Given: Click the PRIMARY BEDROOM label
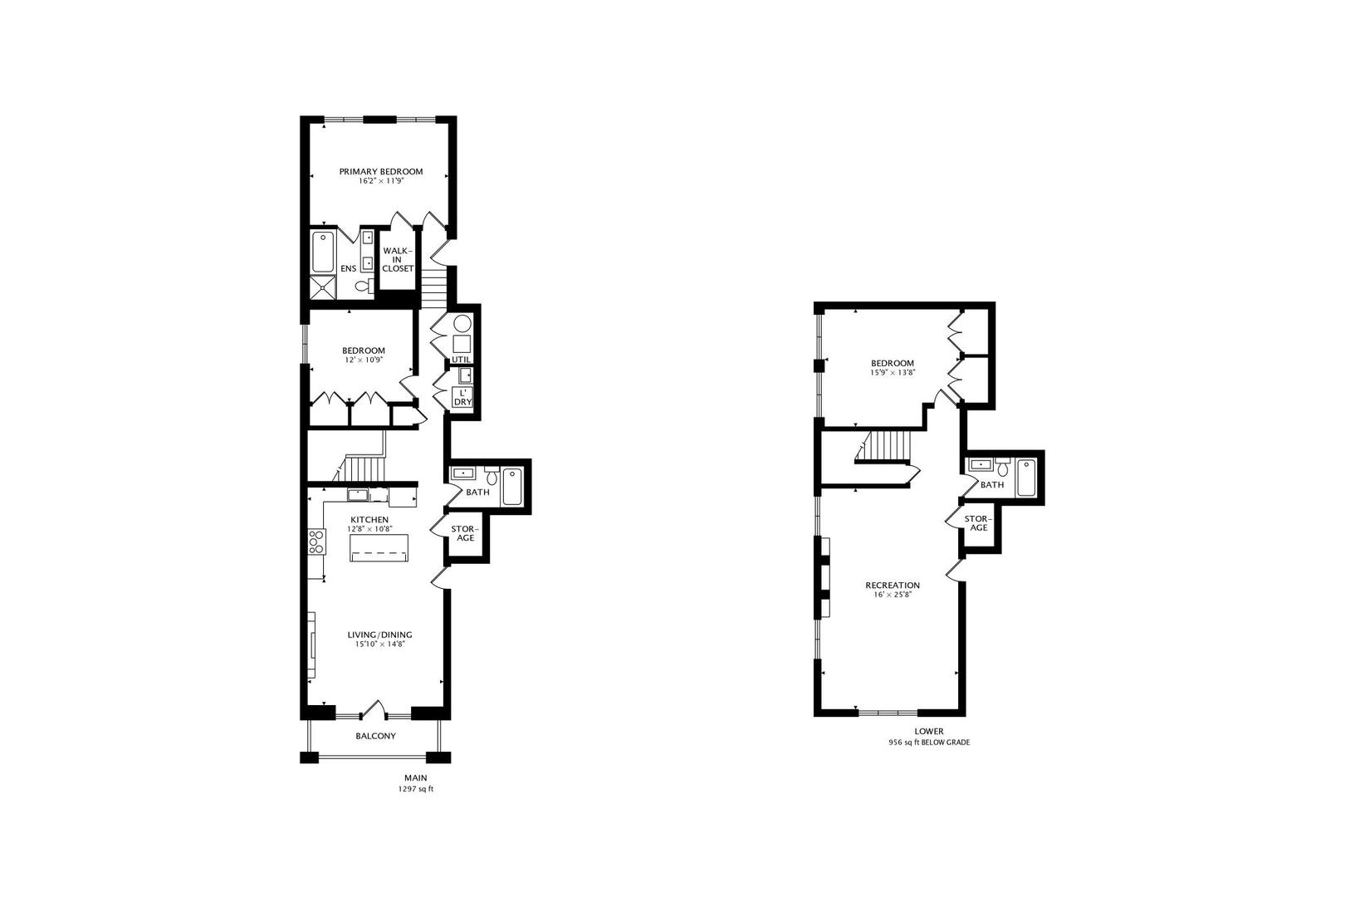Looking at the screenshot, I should point(380,172).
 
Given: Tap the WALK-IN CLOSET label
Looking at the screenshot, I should point(397,259).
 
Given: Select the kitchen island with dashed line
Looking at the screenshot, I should point(379,547).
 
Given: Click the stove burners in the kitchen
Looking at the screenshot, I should point(315,542).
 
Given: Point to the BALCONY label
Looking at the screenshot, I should point(375,737).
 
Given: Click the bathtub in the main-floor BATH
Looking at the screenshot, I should point(512,487).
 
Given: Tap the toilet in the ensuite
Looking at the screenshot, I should point(363,286).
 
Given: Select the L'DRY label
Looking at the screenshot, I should point(462,398).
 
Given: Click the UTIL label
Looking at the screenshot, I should point(461,360).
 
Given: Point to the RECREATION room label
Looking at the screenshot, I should point(893,586).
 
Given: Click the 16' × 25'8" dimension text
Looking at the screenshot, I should point(893,595).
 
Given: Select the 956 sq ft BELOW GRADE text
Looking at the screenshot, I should point(928,743).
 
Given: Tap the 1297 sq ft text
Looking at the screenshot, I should point(416,789).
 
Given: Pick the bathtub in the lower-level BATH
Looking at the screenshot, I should point(1026,478).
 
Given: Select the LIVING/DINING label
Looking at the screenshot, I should point(379,635).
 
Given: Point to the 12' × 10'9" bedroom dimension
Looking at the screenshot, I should point(364,360).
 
